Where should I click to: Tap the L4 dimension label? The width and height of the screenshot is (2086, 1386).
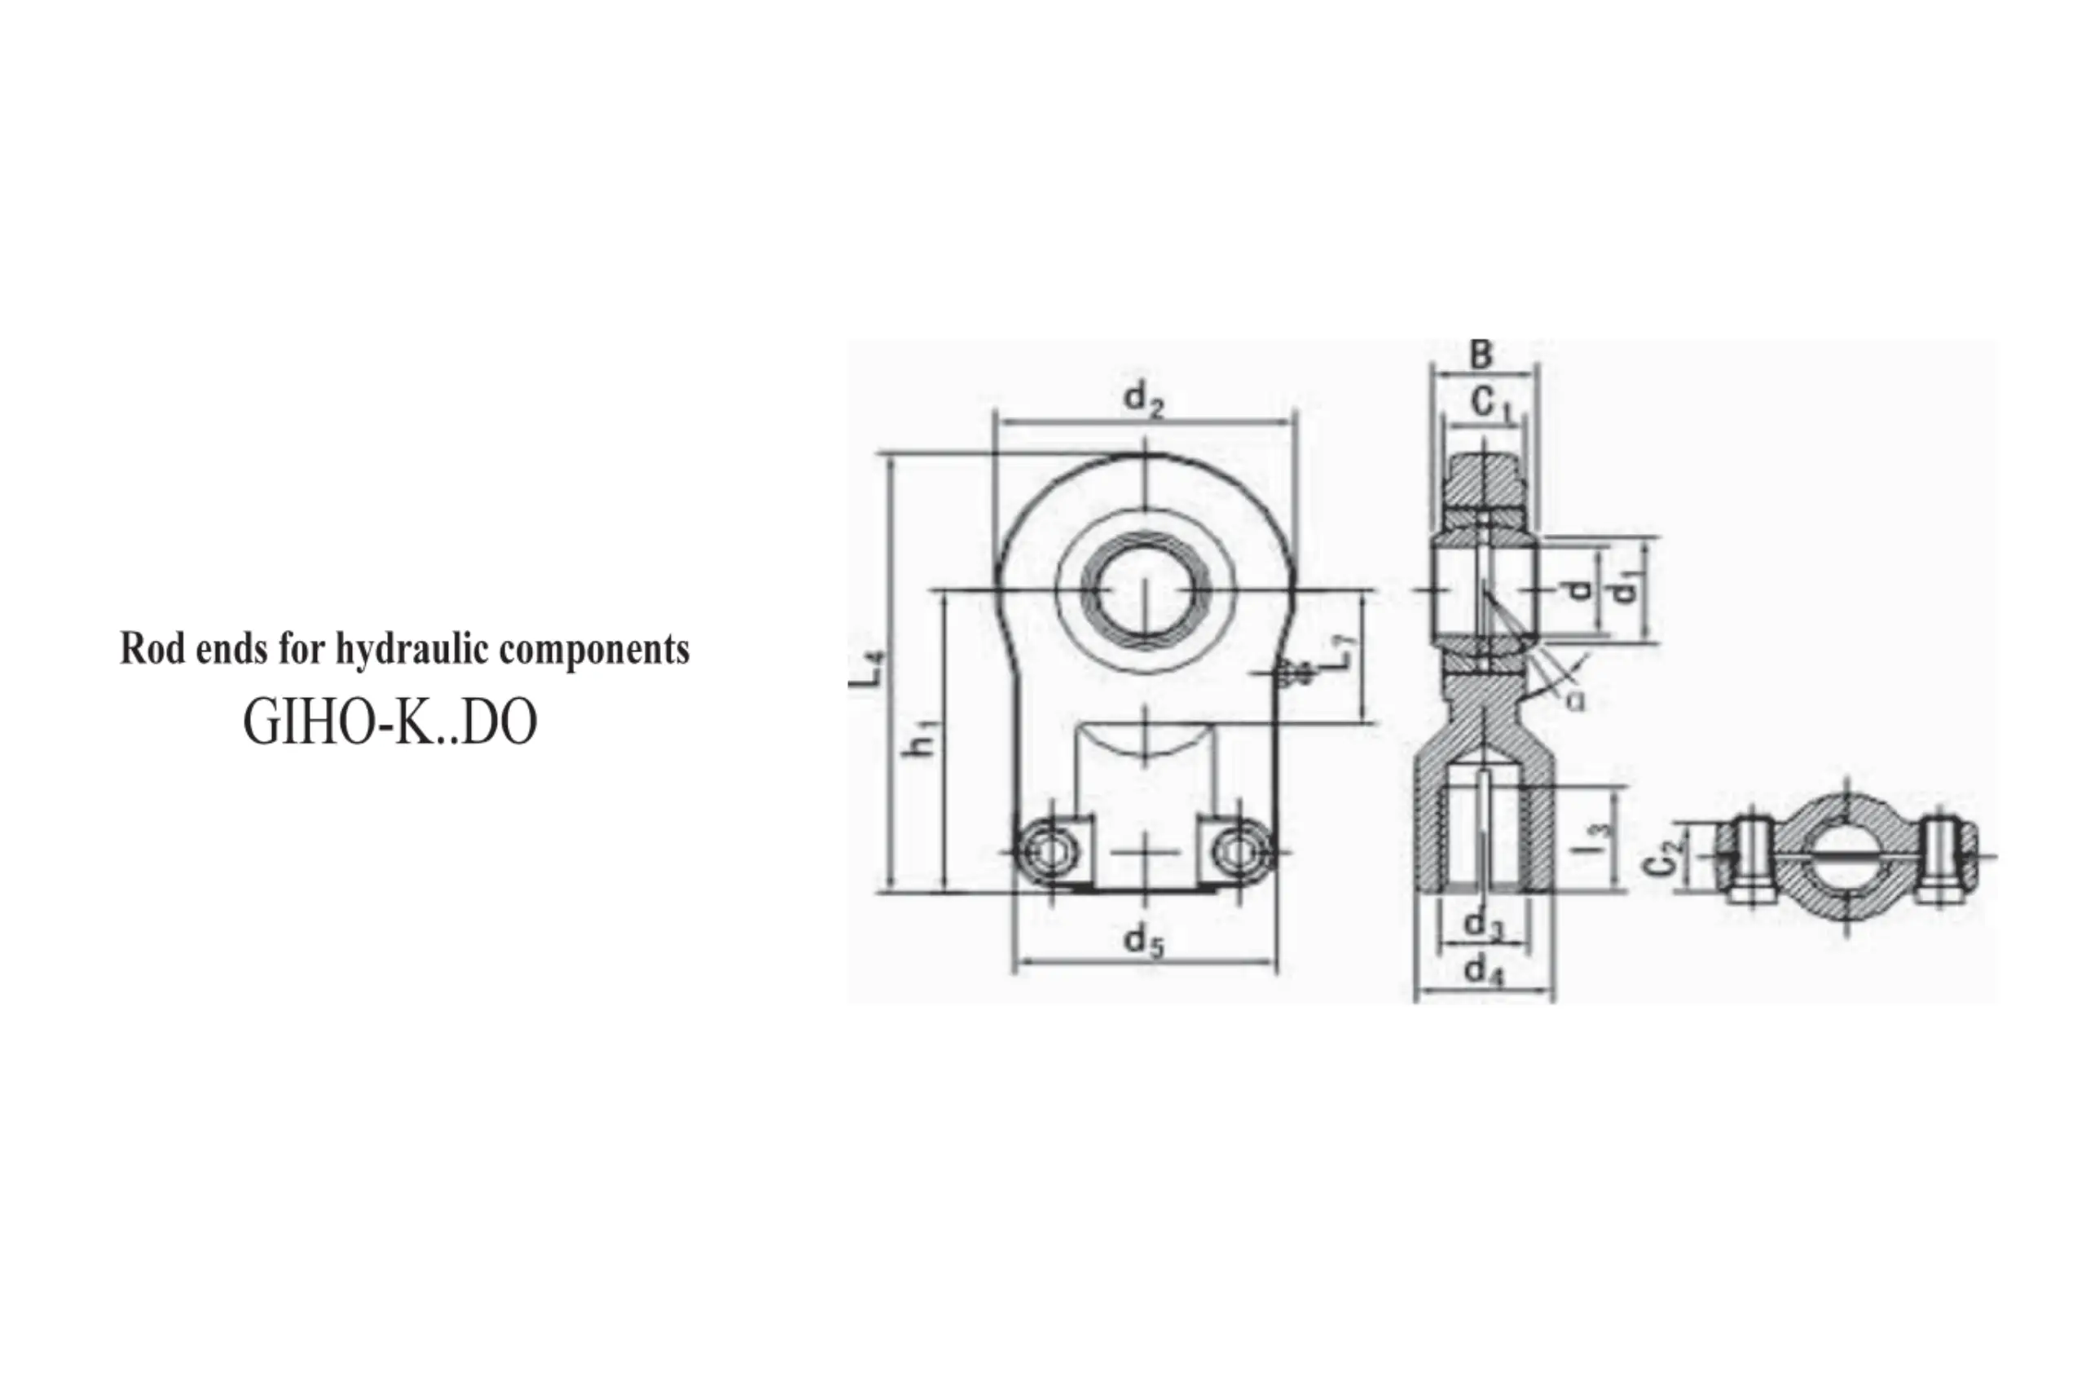[x=866, y=669]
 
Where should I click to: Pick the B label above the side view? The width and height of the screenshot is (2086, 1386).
[x=1481, y=355]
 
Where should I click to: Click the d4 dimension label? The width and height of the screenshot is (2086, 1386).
[x=1485, y=970]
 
